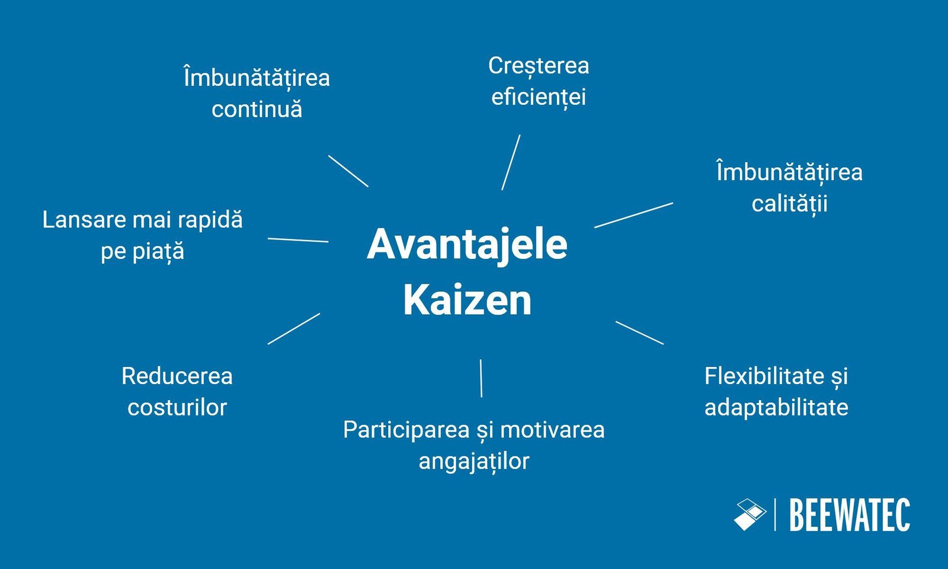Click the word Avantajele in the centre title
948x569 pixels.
(x=467, y=244)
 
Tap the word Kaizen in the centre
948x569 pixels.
(x=467, y=300)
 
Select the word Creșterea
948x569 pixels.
(x=538, y=66)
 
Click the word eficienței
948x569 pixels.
(x=538, y=97)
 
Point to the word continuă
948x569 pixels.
(x=257, y=109)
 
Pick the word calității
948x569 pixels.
(x=789, y=204)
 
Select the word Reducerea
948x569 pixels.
(x=177, y=376)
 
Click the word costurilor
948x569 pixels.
(x=177, y=408)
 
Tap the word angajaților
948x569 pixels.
(x=473, y=461)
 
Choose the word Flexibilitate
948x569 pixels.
(x=764, y=376)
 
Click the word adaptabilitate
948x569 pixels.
(x=776, y=408)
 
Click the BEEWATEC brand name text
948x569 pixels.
(x=849, y=516)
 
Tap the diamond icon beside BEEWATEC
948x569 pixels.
(x=750, y=514)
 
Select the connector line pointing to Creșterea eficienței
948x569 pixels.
(x=511, y=162)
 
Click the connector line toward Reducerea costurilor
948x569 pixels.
(x=294, y=328)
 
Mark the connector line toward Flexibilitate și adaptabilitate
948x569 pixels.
(x=639, y=333)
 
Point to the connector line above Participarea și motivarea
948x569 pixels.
(x=481, y=378)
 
